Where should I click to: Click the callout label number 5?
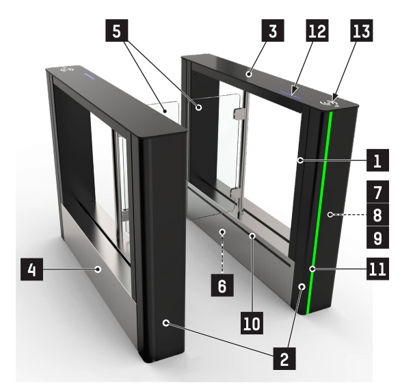117,30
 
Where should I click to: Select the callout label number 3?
273,30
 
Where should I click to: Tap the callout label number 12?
317,30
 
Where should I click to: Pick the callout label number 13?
362,30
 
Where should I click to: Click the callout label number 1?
377,160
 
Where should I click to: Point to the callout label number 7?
377,192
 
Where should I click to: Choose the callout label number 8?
377,215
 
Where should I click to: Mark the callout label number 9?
377,237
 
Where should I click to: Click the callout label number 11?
377,269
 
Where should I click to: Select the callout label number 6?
222,285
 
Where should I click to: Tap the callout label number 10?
252,323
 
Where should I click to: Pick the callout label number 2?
284,358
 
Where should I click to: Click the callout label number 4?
31,269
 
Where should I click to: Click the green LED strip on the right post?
319,213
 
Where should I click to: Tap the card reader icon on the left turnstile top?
67,69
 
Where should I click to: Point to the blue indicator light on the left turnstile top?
90,76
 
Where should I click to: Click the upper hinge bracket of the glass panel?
239,113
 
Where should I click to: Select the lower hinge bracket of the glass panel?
236,193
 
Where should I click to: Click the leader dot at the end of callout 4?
98,269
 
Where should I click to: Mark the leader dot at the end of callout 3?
249,75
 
